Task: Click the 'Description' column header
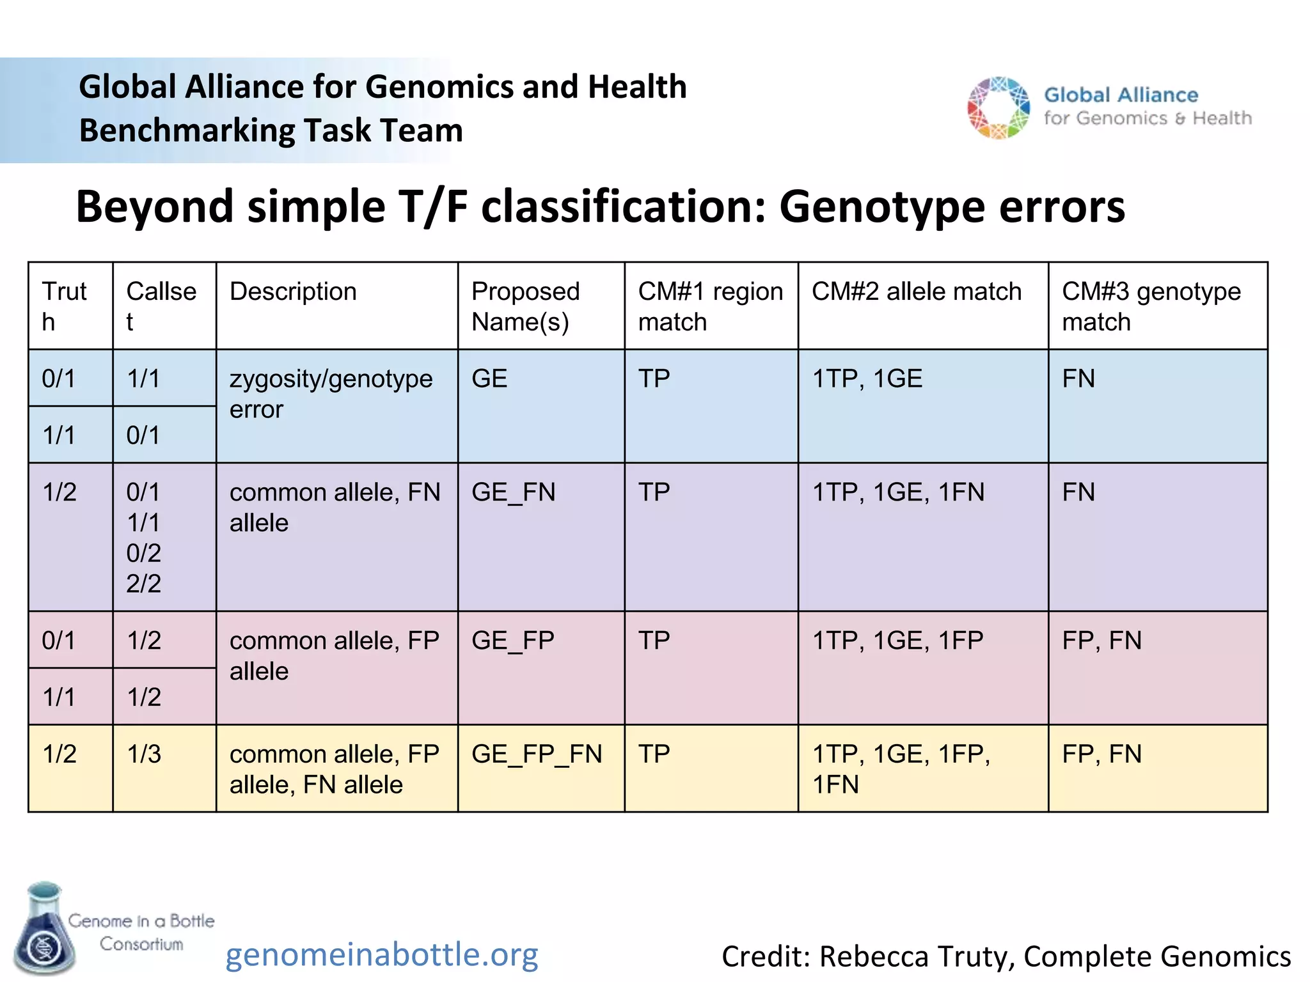coord(293,292)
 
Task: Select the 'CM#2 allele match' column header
coord(916,292)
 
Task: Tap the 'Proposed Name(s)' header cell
coord(525,307)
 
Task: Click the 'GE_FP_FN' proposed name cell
coord(537,754)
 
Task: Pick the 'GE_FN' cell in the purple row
coord(513,492)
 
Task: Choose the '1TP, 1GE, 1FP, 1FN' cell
coord(901,769)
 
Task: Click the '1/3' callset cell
coord(144,754)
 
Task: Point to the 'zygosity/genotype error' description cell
coord(331,394)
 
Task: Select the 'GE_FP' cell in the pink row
coord(512,641)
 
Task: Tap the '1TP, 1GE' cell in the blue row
coord(867,379)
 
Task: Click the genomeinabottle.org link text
coord(382,955)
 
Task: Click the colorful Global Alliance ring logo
coord(998,108)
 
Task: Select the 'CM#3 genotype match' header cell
coord(1151,307)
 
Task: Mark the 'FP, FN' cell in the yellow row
coord(1101,754)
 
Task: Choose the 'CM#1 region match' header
coord(710,307)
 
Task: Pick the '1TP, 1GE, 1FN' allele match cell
coord(897,492)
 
